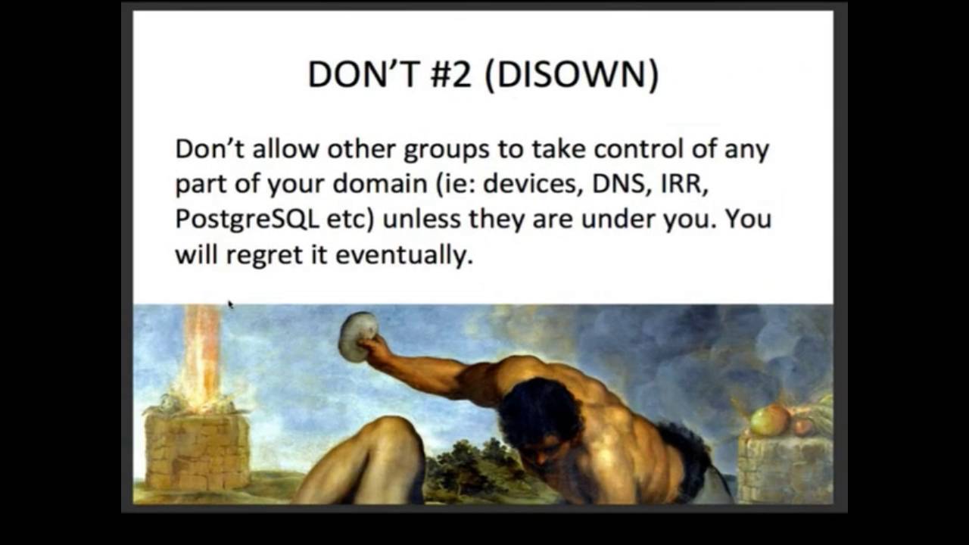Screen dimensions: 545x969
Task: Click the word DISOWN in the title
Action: pos(571,75)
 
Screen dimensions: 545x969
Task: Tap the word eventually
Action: pos(403,255)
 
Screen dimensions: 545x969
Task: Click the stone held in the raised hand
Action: pos(357,336)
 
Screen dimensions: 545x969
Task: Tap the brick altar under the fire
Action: pos(198,450)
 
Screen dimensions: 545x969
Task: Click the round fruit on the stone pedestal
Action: pos(770,420)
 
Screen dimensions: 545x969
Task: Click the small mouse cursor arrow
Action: pos(230,304)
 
